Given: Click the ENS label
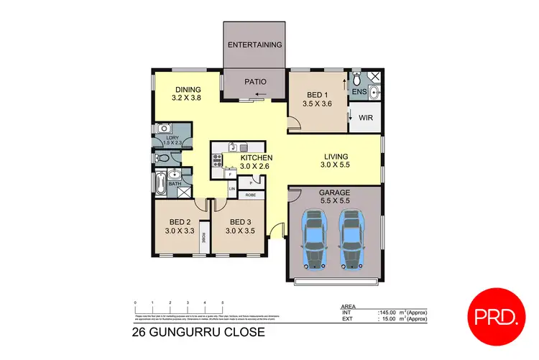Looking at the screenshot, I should (x=359, y=92).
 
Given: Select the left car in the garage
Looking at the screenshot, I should (x=313, y=239).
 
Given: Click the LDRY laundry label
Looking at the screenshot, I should (x=172, y=139).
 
